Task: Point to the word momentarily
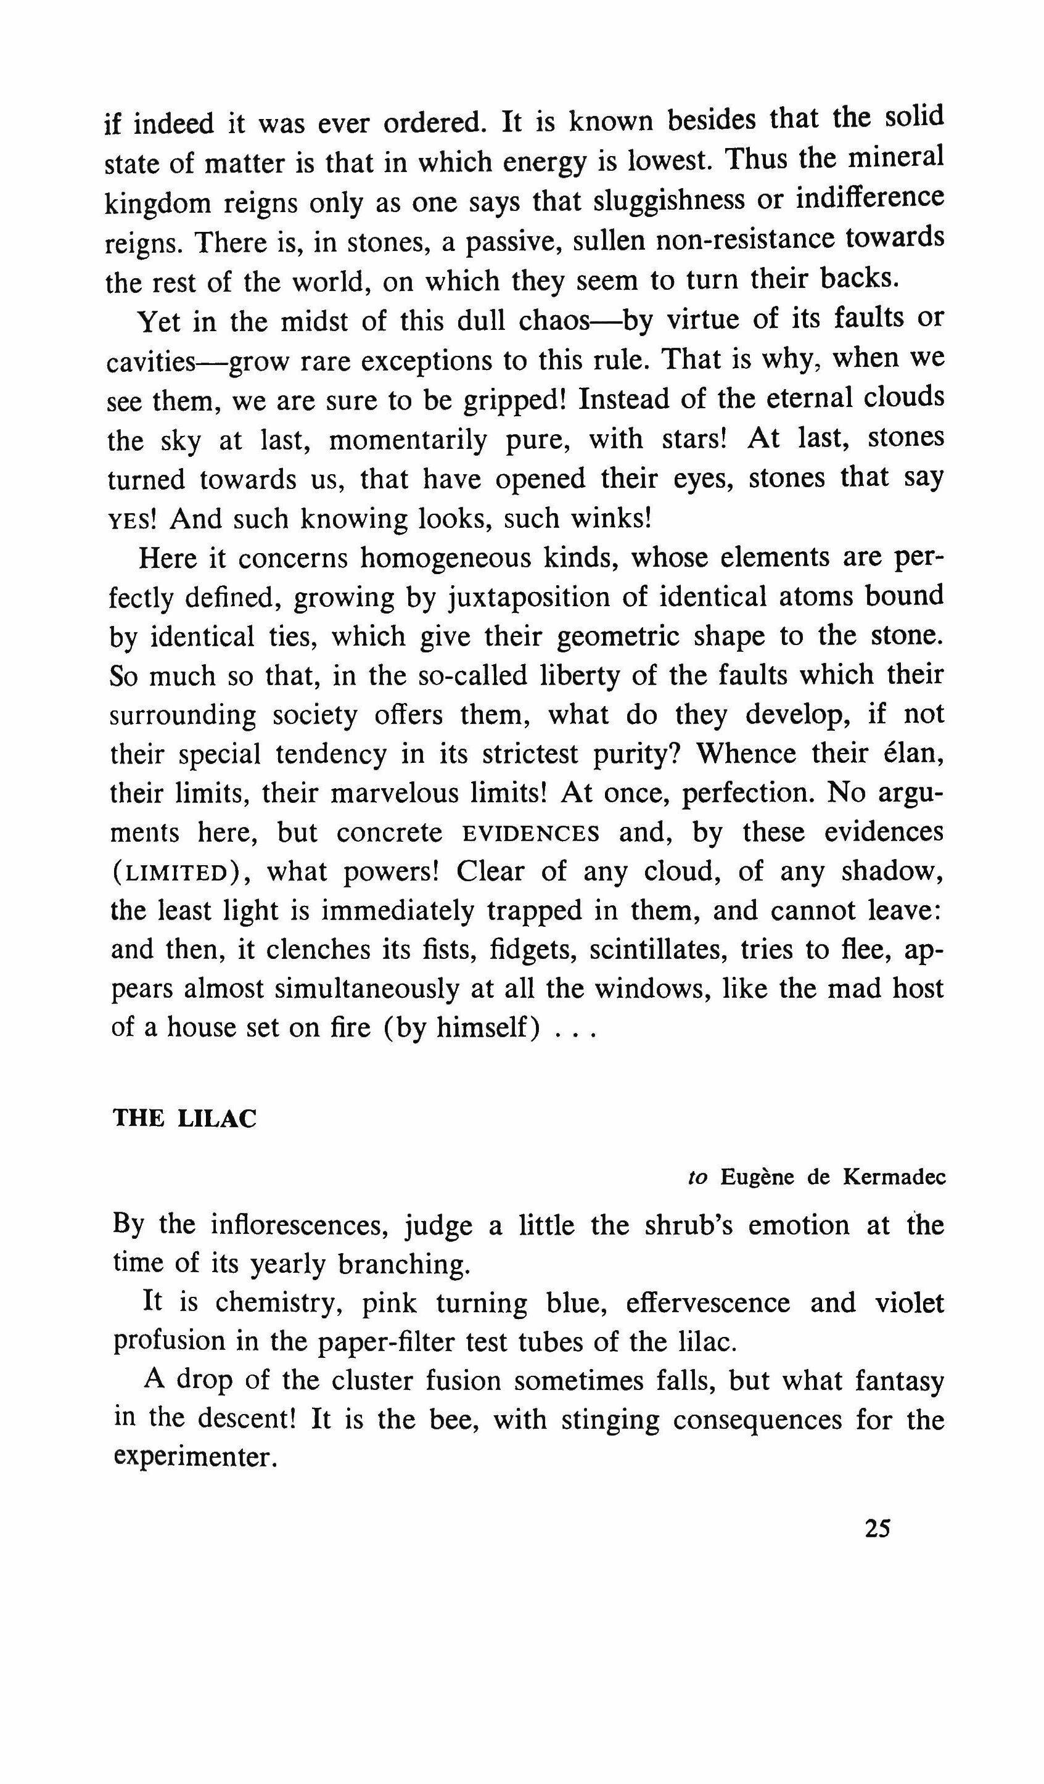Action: click(x=408, y=440)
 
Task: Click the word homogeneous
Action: click(x=444, y=559)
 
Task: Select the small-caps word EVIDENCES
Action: click(x=531, y=833)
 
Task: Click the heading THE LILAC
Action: click(x=185, y=1119)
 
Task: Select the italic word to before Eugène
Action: click(x=698, y=1178)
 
